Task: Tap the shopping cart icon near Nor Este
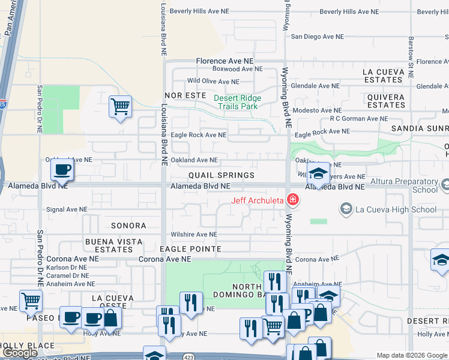(120, 107)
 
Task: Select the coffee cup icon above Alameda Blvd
(62, 170)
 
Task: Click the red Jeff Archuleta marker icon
(292, 200)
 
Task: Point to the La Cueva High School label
(396, 209)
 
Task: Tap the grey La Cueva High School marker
(346, 209)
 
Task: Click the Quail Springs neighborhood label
(221, 175)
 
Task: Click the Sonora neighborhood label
(128, 226)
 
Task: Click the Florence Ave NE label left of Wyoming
(225, 61)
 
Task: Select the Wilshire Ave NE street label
(193, 235)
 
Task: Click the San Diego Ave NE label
(318, 36)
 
